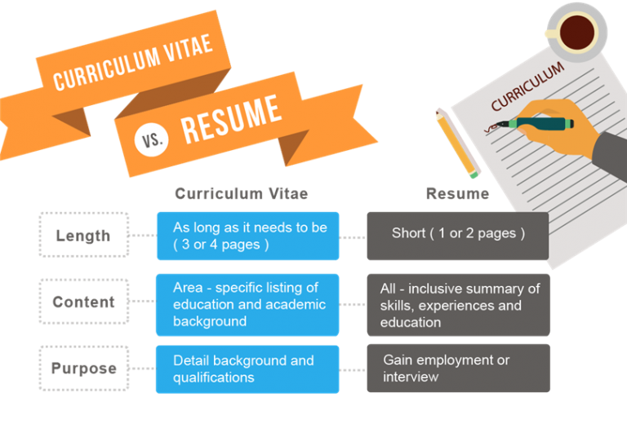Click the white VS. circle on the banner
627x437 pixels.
[151, 139]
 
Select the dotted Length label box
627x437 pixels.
[84, 235]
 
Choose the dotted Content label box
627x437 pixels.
[84, 302]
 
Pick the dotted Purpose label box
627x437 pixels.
[84, 368]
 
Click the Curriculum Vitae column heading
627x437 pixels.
[242, 194]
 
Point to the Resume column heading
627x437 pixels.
[457, 194]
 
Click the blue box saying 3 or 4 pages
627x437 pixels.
[248, 236]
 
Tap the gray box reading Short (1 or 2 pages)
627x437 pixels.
[458, 236]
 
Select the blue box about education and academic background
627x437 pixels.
[247, 304]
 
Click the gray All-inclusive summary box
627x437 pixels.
[458, 304]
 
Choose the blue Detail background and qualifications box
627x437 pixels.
[247, 369]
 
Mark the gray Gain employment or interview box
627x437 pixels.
[458, 368]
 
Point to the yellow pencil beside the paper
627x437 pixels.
[457, 143]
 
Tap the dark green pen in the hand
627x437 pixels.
[535, 123]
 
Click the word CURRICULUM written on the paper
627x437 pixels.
[527, 86]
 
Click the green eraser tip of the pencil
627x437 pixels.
[474, 174]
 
